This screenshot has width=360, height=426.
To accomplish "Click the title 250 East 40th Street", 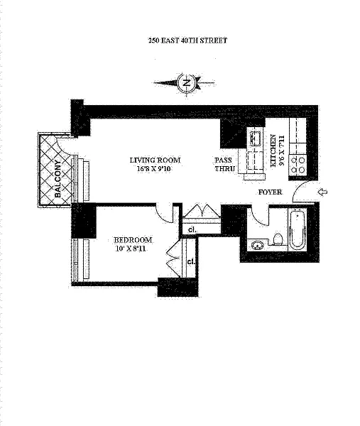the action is (x=187, y=40).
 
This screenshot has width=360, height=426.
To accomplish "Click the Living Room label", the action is (x=155, y=160).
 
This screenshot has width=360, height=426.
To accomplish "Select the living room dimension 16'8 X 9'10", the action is (x=153, y=169).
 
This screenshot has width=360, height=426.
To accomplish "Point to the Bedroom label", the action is (x=133, y=240).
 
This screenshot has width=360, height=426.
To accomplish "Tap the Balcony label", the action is (x=58, y=179).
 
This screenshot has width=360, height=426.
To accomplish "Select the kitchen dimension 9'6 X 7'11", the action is (x=281, y=151).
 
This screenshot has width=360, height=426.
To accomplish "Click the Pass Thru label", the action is (x=224, y=164).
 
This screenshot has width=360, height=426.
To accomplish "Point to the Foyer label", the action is (x=270, y=192).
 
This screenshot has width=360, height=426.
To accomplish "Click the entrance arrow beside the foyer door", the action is (x=322, y=192).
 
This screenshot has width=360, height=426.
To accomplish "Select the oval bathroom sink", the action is (x=257, y=245).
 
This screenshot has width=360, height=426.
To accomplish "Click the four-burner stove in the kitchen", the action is (x=298, y=165).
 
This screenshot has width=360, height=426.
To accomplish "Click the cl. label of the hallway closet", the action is (x=192, y=229).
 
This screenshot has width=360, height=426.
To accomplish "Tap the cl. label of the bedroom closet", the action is (x=191, y=261).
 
